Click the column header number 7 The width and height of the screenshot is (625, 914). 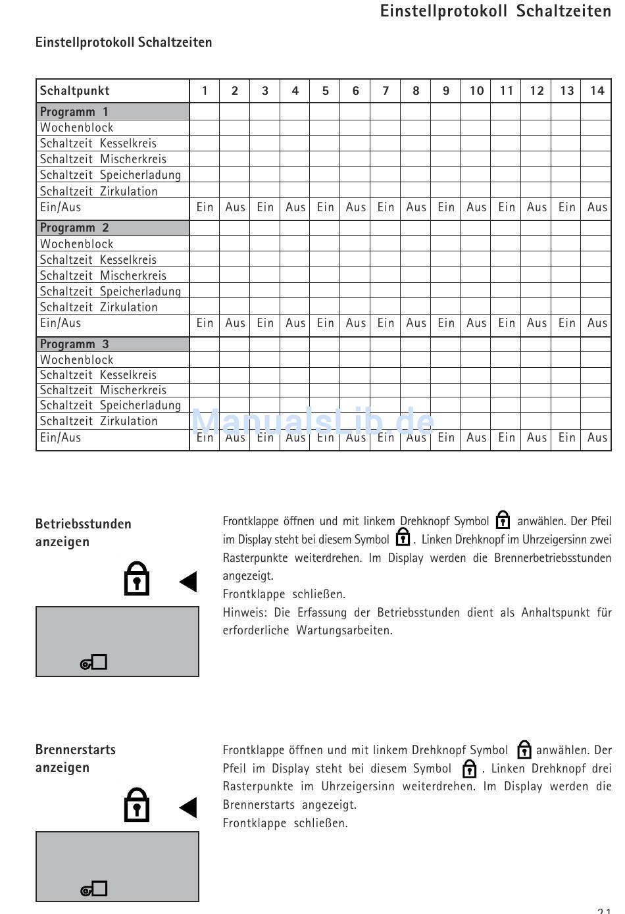(x=386, y=91)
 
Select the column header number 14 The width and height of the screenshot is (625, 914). (x=597, y=91)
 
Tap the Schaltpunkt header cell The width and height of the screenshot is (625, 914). (x=75, y=91)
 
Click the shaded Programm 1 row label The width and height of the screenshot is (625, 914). (x=74, y=112)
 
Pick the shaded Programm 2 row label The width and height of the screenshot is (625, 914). (x=74, y=228)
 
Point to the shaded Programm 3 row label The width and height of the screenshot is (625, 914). (x=74, y=344)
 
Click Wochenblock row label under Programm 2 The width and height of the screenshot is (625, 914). (x=76, y=244)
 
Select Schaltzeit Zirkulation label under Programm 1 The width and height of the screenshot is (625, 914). (x=99, y=191)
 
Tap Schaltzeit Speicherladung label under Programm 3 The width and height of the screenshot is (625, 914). (x=110, y=405)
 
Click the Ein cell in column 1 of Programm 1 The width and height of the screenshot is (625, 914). (x=205, y=207)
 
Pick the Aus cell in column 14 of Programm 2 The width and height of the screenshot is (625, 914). (x=597, y=323)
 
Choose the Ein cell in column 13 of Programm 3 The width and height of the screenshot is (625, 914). (x=567, y=438)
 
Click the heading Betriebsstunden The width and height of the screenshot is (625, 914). (x=84, y=524)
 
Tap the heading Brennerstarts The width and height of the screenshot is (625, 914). (x=76, y=750)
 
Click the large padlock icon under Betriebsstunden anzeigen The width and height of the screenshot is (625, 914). (x=137, y=579)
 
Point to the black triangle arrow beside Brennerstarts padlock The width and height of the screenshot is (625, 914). (x=188, y=807)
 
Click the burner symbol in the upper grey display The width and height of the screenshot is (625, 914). (x=94, y=663)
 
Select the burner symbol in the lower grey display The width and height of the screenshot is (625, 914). (x=94, y=890)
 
